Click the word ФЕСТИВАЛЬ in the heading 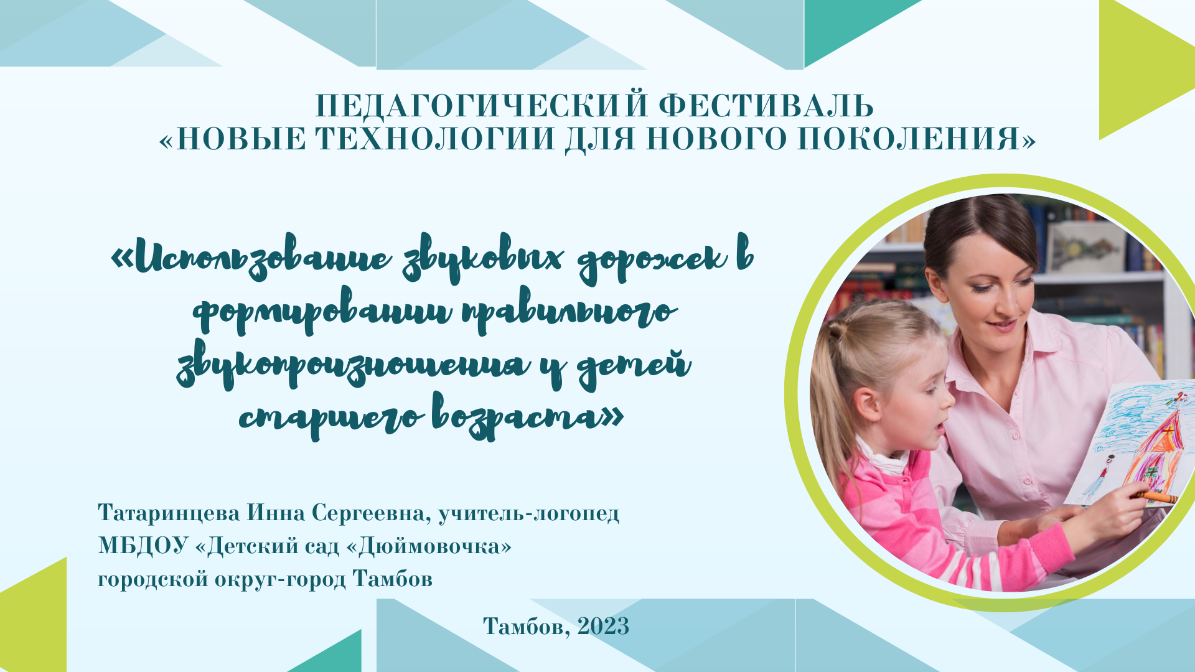click(766, 106)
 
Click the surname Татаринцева click(169, 513)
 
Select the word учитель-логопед click(528, 514)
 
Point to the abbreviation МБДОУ click(143, 546)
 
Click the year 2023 click(603, 626)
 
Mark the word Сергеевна click(371, 514)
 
